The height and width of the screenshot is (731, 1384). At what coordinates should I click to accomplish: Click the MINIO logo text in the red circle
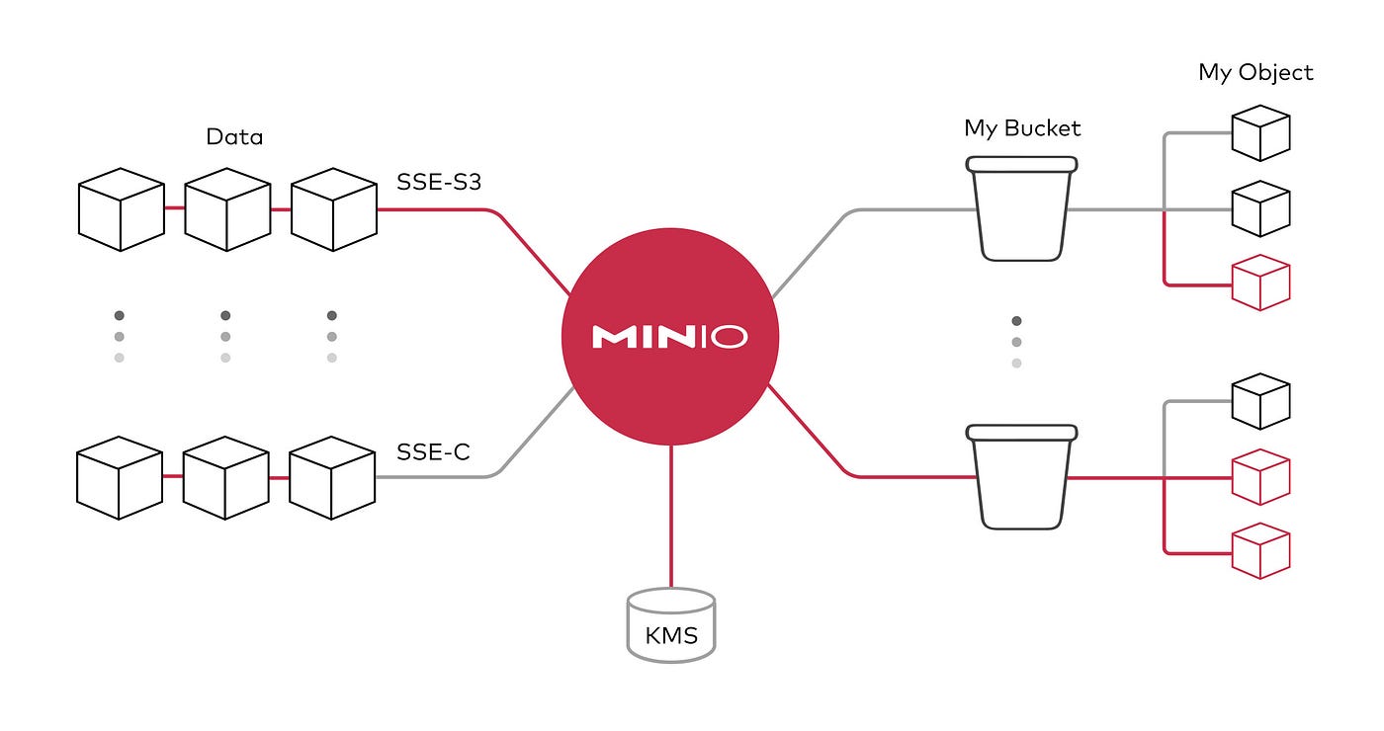669,337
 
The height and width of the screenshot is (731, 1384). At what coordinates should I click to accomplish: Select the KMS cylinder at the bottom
670,624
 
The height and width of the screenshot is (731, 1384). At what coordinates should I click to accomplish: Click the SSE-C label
433,452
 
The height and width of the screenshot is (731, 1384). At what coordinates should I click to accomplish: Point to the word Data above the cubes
234,136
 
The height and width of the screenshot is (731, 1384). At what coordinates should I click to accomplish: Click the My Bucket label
1022,128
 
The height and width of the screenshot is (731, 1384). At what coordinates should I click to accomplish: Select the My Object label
1255,72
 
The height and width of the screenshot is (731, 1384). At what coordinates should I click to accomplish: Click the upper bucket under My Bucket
1022,209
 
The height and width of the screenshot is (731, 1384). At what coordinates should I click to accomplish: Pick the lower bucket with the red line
1022,477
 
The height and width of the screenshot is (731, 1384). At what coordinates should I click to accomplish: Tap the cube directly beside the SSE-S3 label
333,209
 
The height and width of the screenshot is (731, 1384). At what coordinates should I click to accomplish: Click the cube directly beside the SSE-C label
331,478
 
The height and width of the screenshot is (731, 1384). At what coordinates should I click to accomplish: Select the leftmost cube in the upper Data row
121,209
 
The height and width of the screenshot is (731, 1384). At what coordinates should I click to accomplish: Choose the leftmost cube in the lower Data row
120,478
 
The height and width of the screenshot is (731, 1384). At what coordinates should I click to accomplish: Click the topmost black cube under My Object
1260,132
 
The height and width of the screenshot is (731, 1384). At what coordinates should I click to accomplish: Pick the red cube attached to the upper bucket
1260,283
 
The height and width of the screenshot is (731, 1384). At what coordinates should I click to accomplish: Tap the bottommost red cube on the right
1260,551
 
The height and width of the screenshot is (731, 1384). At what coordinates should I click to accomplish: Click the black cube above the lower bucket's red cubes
1260,401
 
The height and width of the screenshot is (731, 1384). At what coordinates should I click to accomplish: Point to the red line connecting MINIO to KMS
670,514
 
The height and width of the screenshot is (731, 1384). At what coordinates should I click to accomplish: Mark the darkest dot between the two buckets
1016,321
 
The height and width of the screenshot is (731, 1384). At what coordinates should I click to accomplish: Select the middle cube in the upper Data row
227,209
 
